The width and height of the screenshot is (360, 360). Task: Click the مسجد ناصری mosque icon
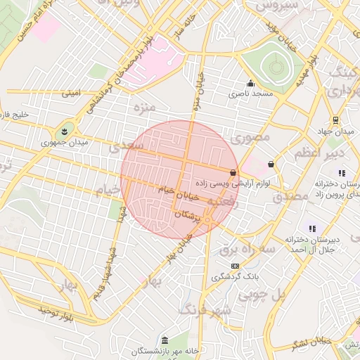coord(250,83)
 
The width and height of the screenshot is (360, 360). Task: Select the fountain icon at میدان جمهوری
coord(65,130)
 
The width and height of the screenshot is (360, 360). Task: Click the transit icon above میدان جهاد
coord(335,120)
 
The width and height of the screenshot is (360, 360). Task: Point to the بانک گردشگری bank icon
coord(235,266)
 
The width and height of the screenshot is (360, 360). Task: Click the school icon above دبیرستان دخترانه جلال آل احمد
coord(312,229)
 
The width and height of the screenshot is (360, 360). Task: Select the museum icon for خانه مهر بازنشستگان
coord(165,340)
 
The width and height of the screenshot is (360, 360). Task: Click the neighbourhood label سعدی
coord(127,146)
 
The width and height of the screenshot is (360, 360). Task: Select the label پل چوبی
coord(262,295)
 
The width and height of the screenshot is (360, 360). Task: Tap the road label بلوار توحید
coord(56,314)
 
